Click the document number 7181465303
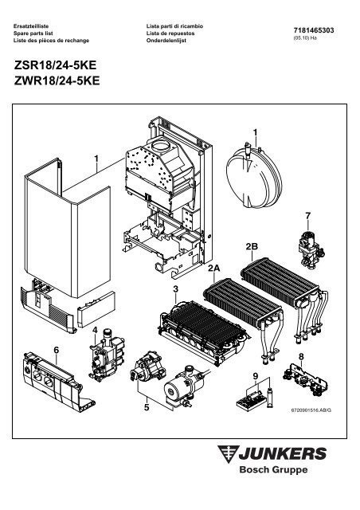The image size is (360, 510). [314, 30]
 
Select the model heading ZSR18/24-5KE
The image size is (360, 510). [55, 65]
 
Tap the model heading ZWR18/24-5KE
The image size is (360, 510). [57, 80]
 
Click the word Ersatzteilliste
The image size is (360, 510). [31, 26]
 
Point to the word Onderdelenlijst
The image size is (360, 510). [166, 41]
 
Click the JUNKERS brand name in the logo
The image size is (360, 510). [282, 453]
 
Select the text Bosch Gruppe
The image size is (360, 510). [273, 469]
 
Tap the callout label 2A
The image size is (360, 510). [214, 269]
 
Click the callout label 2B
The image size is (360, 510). [252, 246]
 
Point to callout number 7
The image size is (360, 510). [308, 216]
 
